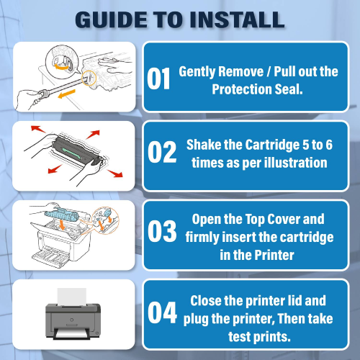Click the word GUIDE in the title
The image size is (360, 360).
click(111, 19)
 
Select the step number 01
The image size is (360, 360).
click(158, 78)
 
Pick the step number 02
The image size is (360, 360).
click(162, 152)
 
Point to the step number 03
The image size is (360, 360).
click(162, 231)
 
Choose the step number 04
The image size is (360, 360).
click(162, 312)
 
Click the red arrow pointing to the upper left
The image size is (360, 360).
click(38, 129)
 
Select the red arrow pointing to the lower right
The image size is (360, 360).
click(115, 174)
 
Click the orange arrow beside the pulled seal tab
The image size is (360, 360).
click(67, 94)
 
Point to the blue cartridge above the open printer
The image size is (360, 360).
click(61, 214)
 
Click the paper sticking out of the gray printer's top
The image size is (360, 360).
click(72, 297)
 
